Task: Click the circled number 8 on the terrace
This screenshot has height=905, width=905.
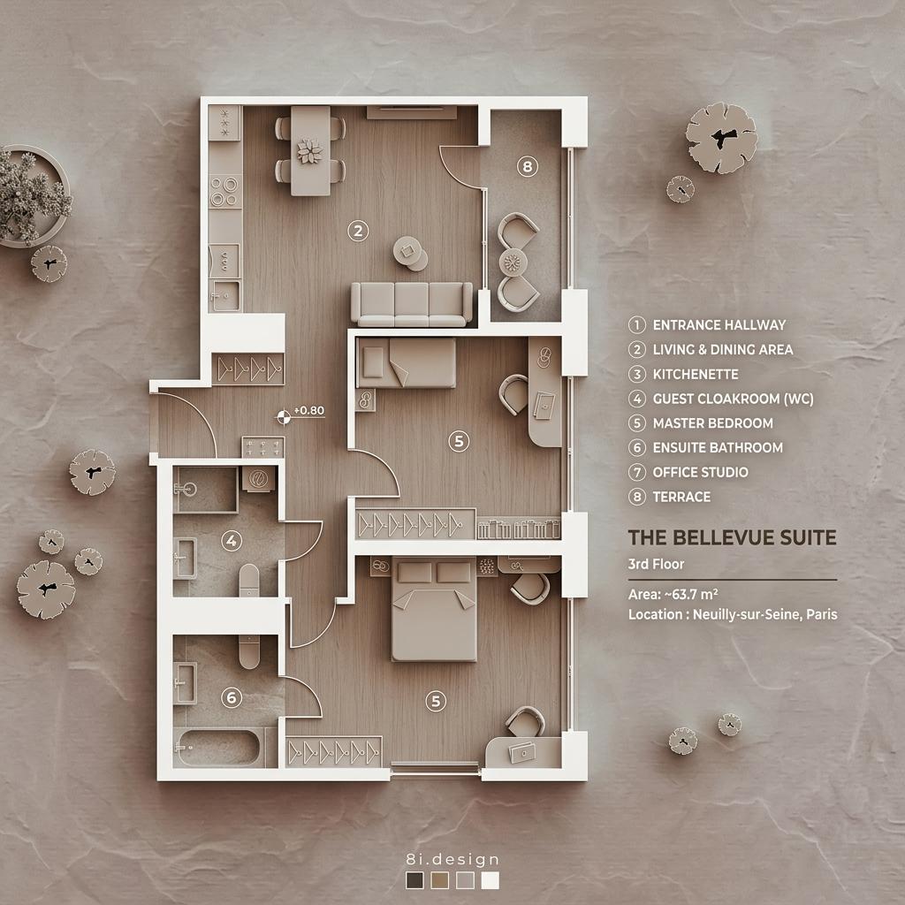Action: tap(527, 167)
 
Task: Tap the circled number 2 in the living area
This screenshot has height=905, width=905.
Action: tap(358, 231)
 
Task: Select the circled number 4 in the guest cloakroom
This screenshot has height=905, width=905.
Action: tap(232, 541)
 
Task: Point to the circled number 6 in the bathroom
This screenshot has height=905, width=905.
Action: tap(232, 698)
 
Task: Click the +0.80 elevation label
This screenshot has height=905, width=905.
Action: tap(309, 410)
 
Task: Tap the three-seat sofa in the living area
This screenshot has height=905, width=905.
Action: tap(412, 304)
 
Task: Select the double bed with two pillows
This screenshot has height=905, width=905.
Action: tap(434, 610)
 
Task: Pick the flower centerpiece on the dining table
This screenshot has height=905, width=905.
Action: tap(310, 150)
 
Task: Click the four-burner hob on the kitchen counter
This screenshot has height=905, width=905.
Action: tap(225, 192)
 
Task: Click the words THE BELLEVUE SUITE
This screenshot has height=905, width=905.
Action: tap(732, 537)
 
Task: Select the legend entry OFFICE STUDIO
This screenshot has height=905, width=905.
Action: tap(700, 472)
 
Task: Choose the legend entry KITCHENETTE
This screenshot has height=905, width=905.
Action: tap(696, 374)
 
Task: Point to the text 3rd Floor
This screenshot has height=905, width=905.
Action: tap(656, 564)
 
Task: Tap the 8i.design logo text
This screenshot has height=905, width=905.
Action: tap(452, 859)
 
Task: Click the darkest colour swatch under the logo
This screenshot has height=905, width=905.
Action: tap(414, 880)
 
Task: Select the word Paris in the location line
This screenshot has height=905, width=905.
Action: tap(822, 614)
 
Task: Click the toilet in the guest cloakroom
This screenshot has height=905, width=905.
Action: tap(249, 580)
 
